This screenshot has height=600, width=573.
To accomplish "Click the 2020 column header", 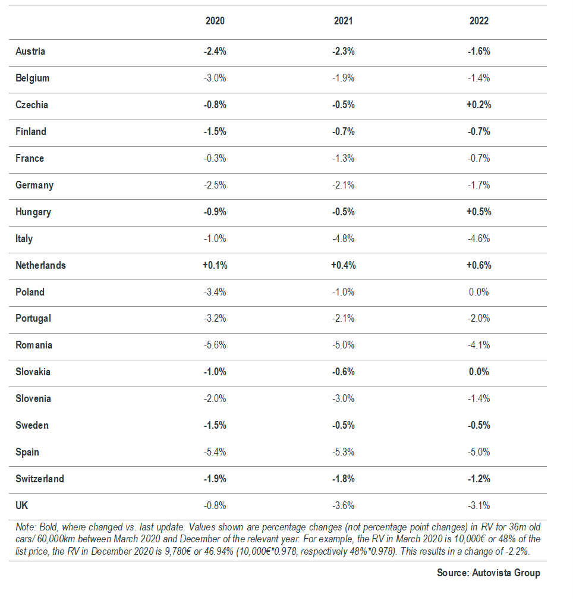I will click(x=215, y=21).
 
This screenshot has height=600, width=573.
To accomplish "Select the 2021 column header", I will click(x=343, y=21).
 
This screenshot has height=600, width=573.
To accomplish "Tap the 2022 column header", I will click(x=478, y=21).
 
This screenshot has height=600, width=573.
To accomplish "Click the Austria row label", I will click(x=30, y=51).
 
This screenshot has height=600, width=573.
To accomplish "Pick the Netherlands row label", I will click(x=40, y=265).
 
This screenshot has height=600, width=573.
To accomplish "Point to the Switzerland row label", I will click(x=40, y=479).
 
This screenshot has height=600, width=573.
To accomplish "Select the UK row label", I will click(x=22, y=505).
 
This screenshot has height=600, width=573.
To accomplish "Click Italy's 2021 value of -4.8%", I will click(x=343, y=238).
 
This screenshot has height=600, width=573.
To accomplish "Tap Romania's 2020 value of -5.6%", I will click(x=215, y=345).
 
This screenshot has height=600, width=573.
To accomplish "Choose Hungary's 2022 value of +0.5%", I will click(x=478, y=212).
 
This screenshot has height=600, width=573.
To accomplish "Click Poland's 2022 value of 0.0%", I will click(x=478, y=292).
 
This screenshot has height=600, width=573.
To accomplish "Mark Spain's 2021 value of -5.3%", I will click(x=343, y=452).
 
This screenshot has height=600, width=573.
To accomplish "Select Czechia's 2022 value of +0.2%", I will click(x=478, y=105).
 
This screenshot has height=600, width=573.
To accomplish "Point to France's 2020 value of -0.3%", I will click(x=215, y=158).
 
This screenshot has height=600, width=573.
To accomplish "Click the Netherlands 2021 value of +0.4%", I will click(x=343, y=265).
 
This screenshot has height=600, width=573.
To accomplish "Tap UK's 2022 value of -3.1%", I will click(x=478, y=505).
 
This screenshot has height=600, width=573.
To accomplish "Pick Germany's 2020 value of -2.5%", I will click(x=215, y=185).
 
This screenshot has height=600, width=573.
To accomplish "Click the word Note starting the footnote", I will click(x=26, y=527).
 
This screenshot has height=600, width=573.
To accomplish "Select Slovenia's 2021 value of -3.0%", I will click(x=343, y=398).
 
